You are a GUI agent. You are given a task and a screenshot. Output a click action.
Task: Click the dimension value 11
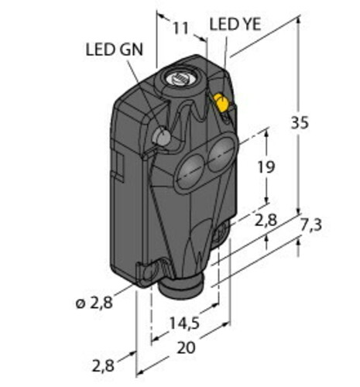pyautogui.click(x=180, y=29)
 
